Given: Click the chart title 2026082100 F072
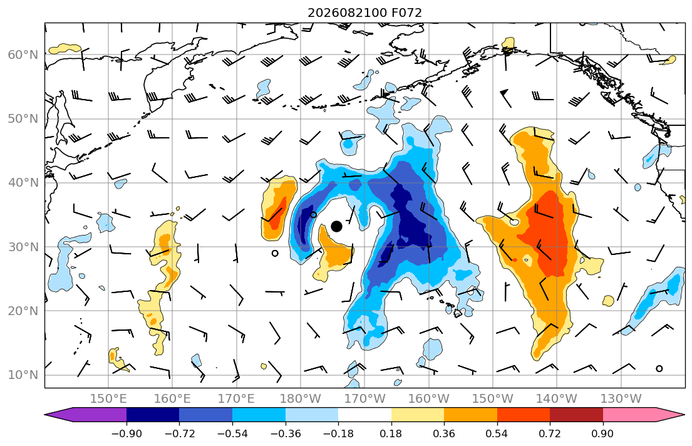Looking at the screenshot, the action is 364,13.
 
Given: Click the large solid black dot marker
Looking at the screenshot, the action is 336,227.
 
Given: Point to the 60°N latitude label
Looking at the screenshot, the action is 23,54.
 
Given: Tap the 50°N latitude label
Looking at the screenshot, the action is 23,119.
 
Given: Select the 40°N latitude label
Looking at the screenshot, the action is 23,183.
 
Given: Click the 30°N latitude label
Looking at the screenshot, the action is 23,247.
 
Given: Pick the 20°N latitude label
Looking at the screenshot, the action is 23,311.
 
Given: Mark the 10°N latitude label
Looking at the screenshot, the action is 23,375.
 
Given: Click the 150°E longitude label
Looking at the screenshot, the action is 108,399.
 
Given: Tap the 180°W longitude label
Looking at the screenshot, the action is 301,399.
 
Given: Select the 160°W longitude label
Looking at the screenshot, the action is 428,399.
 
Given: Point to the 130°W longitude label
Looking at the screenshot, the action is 621,399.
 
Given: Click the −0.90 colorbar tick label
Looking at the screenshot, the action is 127,433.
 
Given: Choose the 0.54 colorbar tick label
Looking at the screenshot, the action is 497,433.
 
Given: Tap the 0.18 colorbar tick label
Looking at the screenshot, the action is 391,433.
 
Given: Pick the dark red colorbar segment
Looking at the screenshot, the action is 576,415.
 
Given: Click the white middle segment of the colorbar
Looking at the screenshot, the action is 364,415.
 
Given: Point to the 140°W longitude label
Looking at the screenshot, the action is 557,399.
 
